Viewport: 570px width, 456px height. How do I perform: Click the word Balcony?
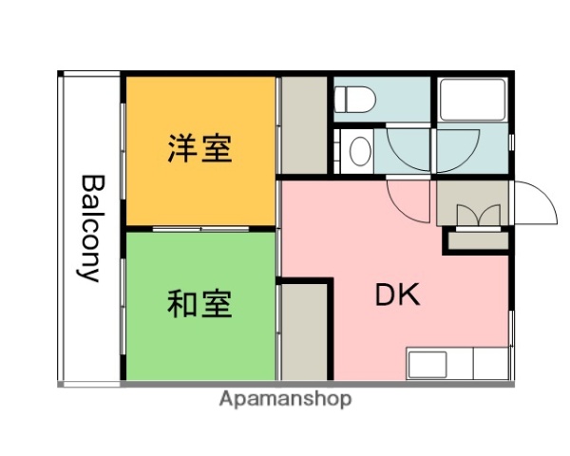[90, 228]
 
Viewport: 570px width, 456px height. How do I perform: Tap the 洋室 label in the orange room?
[199, 149]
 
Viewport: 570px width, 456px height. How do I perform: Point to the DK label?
[398, 295]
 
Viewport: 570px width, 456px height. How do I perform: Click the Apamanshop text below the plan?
[285, 399]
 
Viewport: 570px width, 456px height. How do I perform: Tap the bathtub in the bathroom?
[471, 99]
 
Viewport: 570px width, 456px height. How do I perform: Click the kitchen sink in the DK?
[428, 364]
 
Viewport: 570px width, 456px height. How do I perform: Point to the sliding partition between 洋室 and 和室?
[199, 229]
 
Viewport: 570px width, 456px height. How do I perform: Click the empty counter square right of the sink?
[490, 364]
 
